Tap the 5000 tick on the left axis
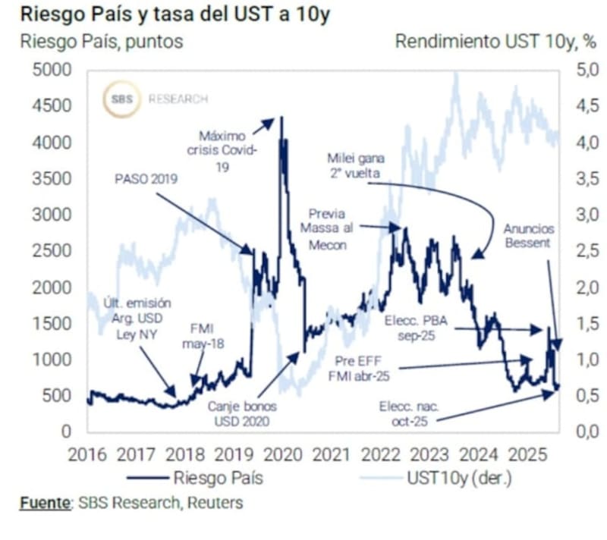click(53, 71)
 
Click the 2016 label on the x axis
click(88, 455)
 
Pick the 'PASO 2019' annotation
click(146, 180)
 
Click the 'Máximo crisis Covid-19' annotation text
click(223, 151)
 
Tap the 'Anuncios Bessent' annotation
click(529, 237)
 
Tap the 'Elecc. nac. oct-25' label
click(410, 414)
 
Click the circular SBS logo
click(122, 99)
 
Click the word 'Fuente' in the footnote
click(41, 502)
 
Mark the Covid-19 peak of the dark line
click(281, 118)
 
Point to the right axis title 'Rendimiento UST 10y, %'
click(495, 42)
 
